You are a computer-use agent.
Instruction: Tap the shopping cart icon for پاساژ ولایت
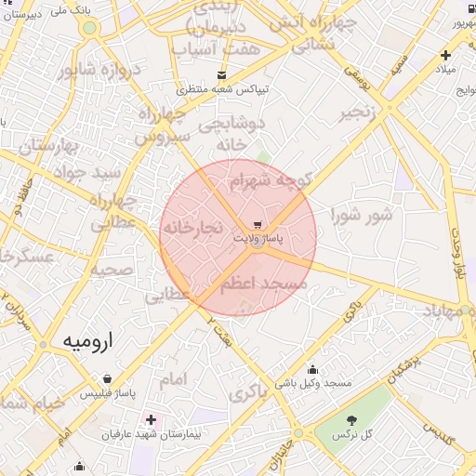258,225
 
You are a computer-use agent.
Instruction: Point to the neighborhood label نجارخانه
192,227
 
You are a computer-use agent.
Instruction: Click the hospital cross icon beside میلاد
446,56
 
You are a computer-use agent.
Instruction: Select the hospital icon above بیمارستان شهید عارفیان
151,420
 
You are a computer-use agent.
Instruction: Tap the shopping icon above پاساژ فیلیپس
111,379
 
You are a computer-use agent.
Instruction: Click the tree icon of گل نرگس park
352,420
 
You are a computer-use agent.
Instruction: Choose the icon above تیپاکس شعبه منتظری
220,75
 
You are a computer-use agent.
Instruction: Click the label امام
173,378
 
